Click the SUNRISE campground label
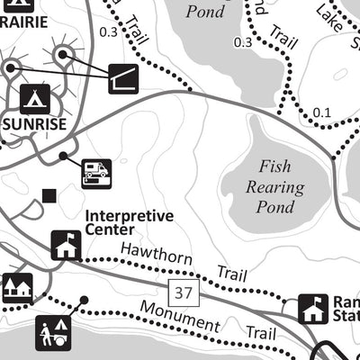point(34,124)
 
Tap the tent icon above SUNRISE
point(34,96)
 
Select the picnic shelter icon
point(123,78)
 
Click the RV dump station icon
point(96,172)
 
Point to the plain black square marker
point(49,195)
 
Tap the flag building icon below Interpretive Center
point(66,245)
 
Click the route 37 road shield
point(184,292)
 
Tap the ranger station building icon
point(312,309)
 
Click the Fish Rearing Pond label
point(275,187)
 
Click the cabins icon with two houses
point(17,288)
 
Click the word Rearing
point(275,188)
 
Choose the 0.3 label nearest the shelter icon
point(109,32)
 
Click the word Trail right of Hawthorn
point(231,272)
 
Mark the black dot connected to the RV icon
point(62,156)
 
